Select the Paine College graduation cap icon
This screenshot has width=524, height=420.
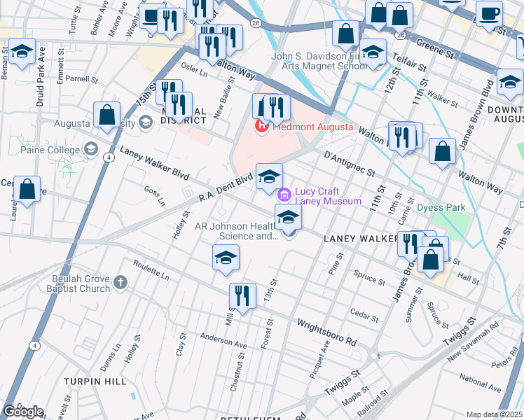pyautogui.click(x=90, y=148)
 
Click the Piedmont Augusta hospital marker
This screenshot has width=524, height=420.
pyautogui.click(x=262, y=127)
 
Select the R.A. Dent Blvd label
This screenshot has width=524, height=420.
pyautogui.click(x=225, y=189)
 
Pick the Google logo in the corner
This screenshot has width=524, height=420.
pyautogui.click(x=23, y=411)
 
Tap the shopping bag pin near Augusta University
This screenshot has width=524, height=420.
pyautogui.click(x=107, y=115)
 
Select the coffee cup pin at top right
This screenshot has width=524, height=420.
pyautogui.click(x=488, y=13)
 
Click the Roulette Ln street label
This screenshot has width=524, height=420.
pyautogui.click(x=150, y=271)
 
